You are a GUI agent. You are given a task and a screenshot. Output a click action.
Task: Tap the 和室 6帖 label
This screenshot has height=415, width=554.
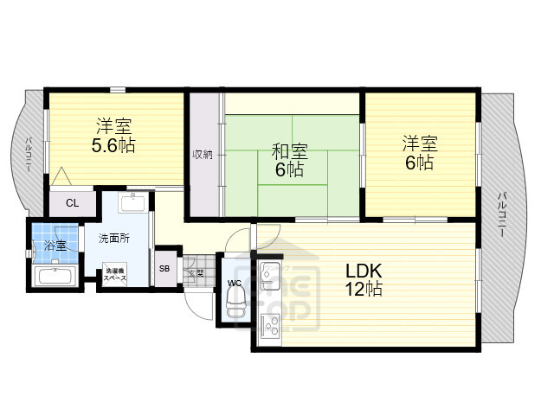[x=289, y=161]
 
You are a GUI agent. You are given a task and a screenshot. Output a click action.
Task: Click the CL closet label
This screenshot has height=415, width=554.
[x=72, y=204]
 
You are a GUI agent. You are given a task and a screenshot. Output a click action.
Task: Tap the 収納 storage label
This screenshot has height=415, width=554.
[x=203, y=155]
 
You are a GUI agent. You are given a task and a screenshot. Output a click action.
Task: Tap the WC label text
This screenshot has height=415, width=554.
[x=234, y=283]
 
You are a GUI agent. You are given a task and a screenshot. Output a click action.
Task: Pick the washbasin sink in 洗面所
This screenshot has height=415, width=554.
[x=132, y=204]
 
